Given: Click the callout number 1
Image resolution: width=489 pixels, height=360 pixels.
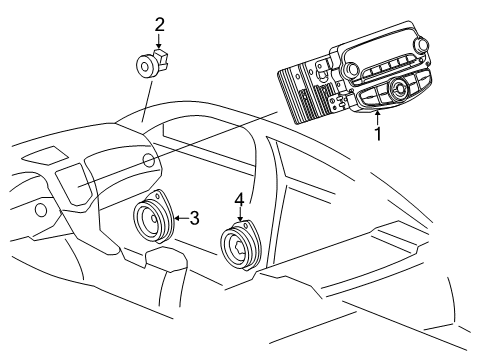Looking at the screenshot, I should coord(377,131).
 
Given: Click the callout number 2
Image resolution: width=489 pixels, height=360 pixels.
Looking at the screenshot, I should coord(159,23).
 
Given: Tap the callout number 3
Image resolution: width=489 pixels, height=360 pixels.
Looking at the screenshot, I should coord(195,216).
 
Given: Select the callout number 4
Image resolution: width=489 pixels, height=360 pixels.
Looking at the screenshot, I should coord(239,200).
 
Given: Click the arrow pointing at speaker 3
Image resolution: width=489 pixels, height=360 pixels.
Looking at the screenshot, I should coord(180,216).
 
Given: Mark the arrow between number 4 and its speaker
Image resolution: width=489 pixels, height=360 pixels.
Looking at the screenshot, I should coord(239,217).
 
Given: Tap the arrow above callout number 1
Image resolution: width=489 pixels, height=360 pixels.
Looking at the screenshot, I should coord(376,116).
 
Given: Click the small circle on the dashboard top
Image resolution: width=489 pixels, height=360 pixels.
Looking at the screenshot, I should coord(148,160).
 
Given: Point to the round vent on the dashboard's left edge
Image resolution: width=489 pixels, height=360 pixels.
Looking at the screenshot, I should coord(40,211).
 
